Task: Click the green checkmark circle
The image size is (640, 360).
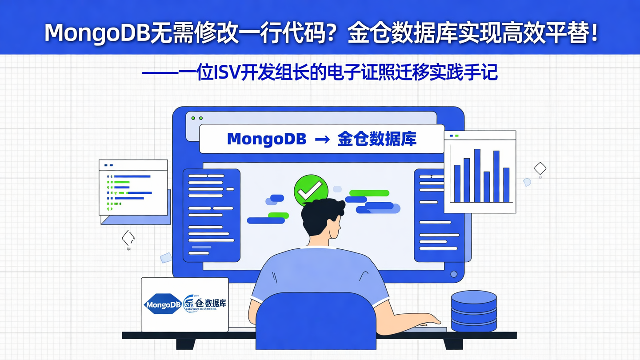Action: point(311,190)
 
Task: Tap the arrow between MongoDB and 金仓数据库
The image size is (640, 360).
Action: point(322,140)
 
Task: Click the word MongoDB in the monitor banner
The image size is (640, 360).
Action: point(267,139)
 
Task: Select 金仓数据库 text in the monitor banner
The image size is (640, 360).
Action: point(376,139)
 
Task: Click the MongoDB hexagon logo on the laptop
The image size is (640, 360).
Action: point(163,305)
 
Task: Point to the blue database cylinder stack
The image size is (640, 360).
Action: point(474,311)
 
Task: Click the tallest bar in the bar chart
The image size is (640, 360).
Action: point(477,176)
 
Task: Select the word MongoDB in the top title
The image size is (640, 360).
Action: point(96,33)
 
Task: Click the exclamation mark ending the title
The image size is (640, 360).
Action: point(595,33)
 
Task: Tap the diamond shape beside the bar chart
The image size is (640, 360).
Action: point(540,168)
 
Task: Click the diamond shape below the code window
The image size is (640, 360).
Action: point(128,238)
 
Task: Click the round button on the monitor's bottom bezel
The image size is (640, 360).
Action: point(454,274)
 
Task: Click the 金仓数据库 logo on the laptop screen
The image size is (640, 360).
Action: point(205,304)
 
